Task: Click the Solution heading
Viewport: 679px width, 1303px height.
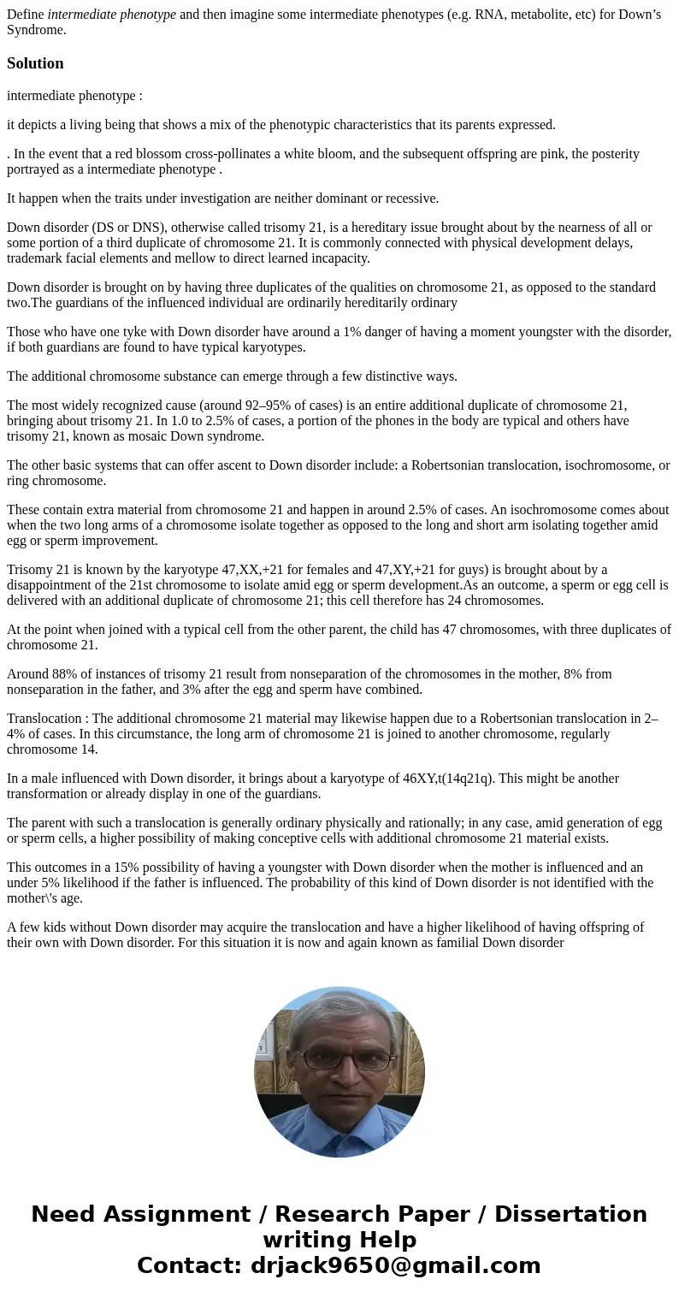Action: point(35,63)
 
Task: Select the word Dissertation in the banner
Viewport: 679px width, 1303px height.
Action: point(570,1214)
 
